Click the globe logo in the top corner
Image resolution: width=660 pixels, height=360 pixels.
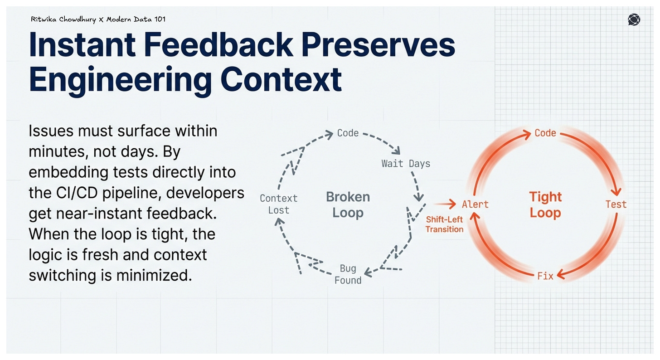click(x=634, y=19)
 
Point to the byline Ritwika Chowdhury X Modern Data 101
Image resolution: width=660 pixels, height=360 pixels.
click(x=97, y=19)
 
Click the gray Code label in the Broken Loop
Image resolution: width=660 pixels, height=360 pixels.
click(x=348, y=133)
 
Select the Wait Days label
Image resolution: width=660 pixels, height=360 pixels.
click(x=406, y=163)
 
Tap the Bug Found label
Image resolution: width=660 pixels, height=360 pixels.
click(x=348, y=274)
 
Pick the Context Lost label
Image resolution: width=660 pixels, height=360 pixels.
click(x=278, y=204)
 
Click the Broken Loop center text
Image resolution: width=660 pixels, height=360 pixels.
click(x=348, y=205)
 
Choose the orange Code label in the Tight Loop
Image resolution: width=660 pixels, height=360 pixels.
click(x=545, y=133)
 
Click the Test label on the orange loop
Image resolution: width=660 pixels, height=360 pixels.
click(x=616, y=204)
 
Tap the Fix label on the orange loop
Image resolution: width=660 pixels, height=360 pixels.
click(x=545, y=276)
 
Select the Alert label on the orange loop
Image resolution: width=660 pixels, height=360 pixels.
click(x=475, y=204)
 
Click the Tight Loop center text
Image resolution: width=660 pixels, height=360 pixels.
click(x=545, y=205)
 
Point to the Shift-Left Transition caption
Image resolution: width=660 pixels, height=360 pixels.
click(x=444, y=224)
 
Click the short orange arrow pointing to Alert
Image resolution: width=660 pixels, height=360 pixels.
click(x=446, y=204)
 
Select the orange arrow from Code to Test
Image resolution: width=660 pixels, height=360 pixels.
click(x=598, y=159)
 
